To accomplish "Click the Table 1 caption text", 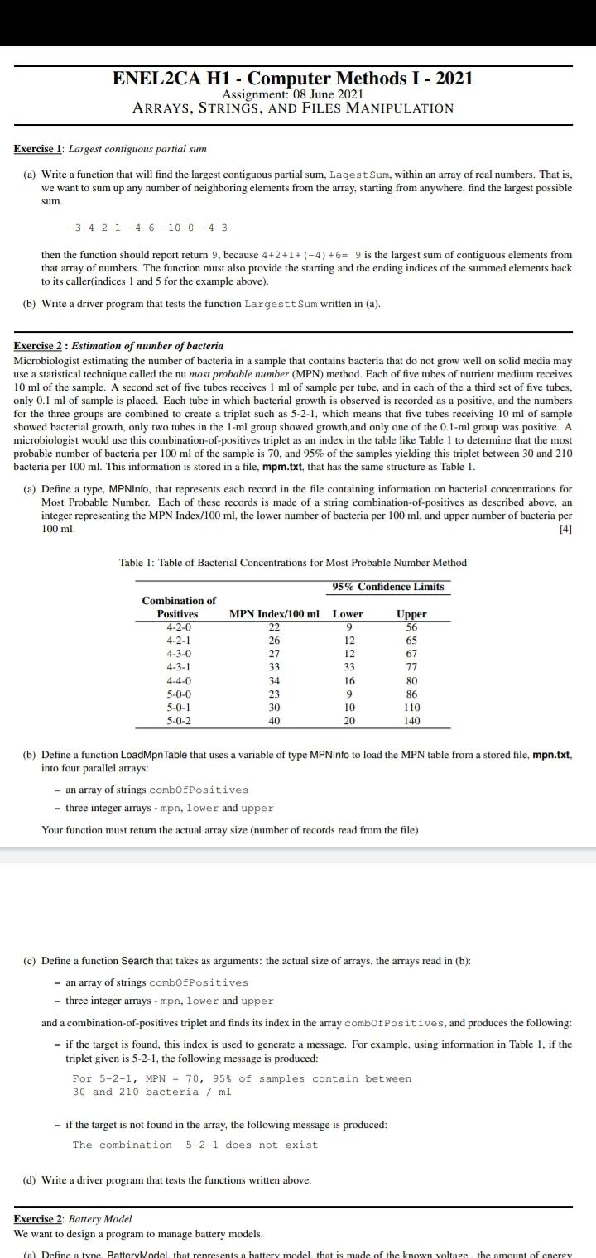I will (293, 563).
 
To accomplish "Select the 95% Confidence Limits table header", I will (388, 587).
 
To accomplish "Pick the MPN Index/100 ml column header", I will (274, 614).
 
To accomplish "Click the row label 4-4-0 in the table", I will (178, 681).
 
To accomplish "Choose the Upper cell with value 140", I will (411, 721).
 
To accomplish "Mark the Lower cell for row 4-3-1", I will (348, 667).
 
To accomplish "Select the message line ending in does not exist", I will (195, 1145).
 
